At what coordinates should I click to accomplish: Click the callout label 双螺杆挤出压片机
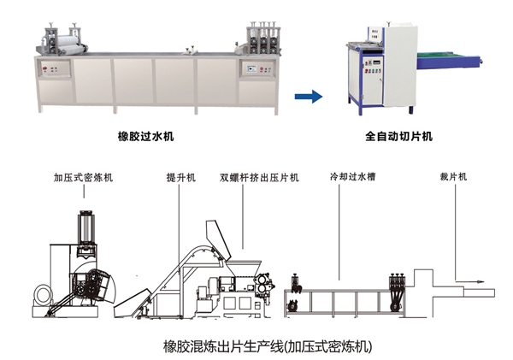(x=259, y=178)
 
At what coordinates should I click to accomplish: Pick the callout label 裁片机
(x=451, y=178)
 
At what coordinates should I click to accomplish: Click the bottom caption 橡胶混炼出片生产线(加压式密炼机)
(x=256, y=346)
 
